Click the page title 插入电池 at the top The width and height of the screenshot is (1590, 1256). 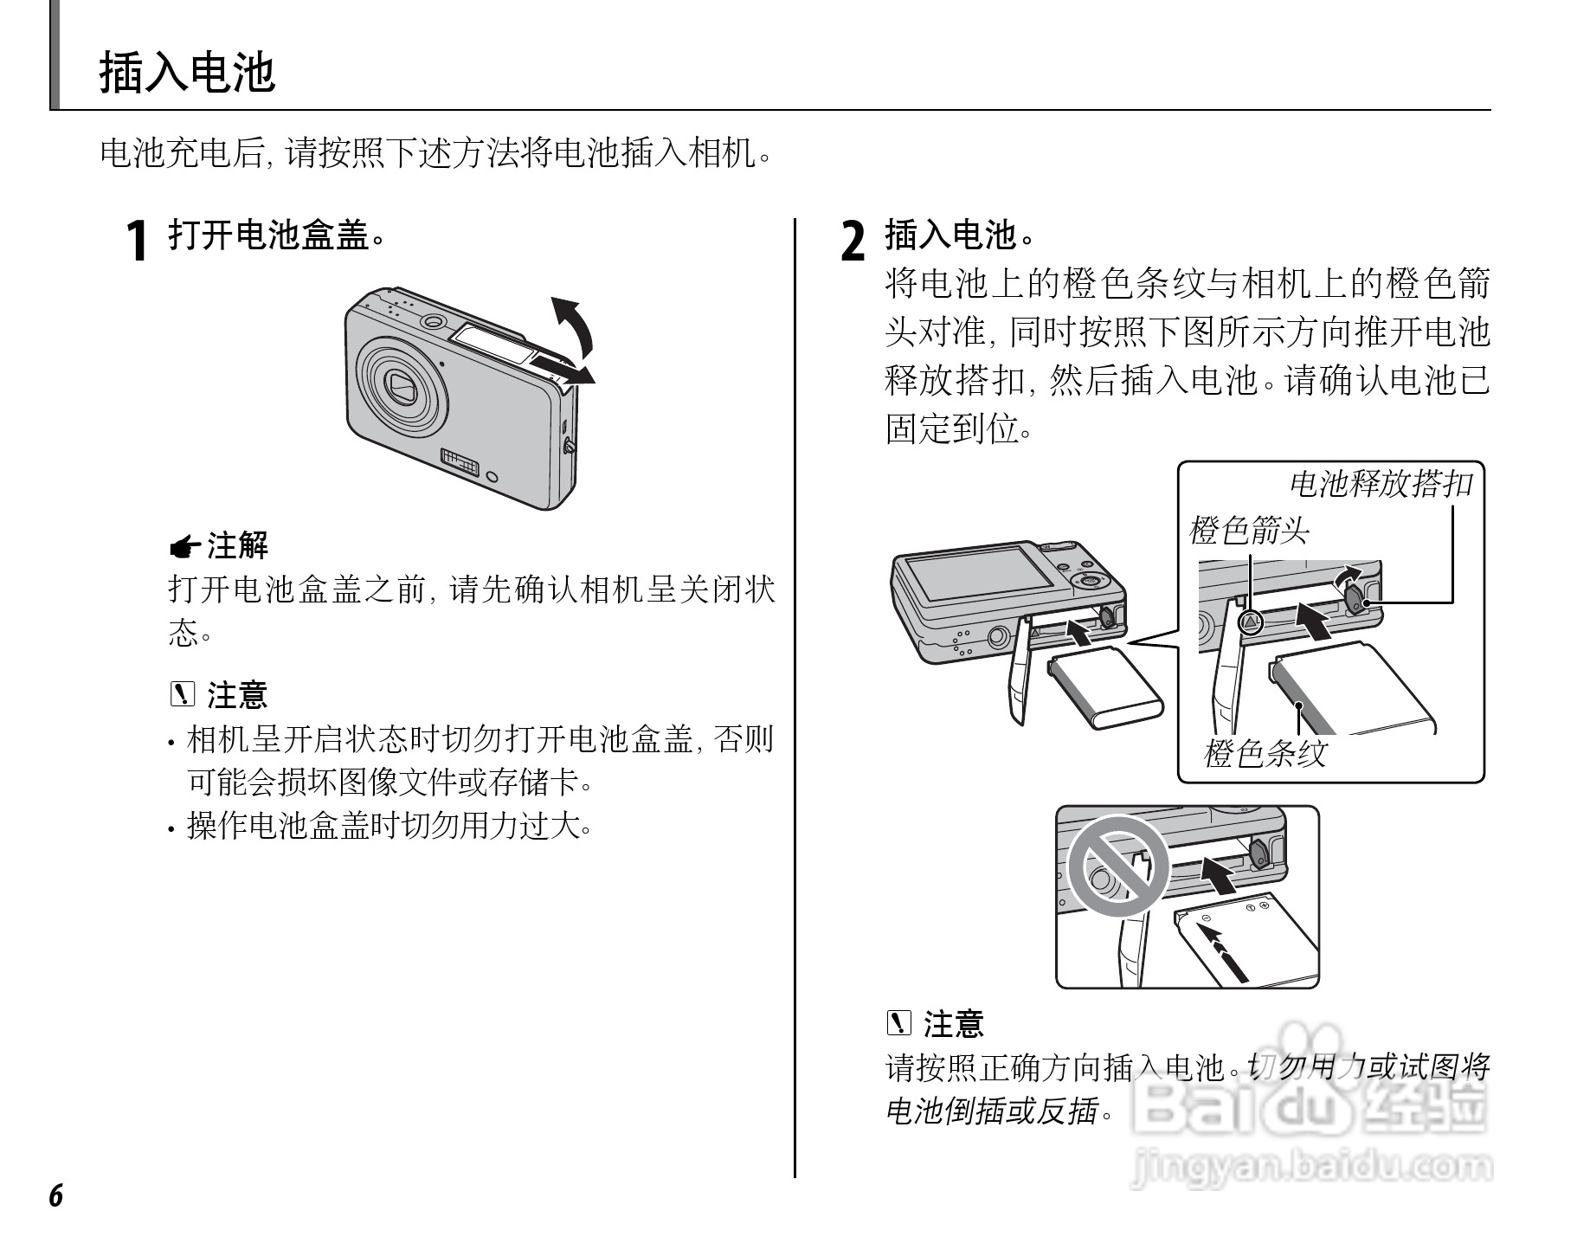click(187, 72)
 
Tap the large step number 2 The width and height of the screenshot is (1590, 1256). click(853, 241)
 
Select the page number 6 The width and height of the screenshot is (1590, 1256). click(55, 1195)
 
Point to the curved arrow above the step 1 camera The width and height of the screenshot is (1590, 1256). click(574, 325)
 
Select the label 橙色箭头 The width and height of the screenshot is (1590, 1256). click(1250, 530)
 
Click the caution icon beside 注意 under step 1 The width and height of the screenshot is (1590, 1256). click(183, 694)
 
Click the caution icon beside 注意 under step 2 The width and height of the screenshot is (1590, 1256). click(900, 1023)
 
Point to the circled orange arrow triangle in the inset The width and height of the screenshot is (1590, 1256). click(1250, 622)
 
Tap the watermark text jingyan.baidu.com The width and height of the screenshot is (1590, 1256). click(1311, 1167)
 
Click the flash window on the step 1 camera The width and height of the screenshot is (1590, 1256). click(490, 345)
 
